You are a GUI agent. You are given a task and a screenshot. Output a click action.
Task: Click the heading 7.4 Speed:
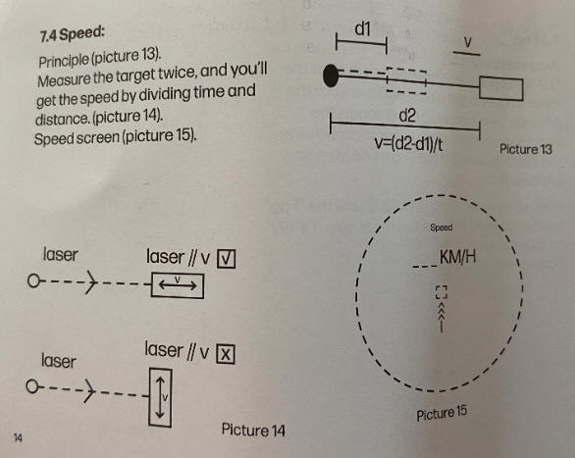(x=73, y=34)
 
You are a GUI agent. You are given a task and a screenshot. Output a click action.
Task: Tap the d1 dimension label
(x=363, y=28)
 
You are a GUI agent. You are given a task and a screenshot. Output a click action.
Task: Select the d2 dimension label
(x=407, y=116)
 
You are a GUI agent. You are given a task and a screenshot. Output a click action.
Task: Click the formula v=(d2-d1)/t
(x=408, y=144)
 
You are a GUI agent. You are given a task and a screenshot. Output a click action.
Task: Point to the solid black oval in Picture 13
(x=331, y=76)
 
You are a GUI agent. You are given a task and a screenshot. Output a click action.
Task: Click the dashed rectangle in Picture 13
(x=406, y=80)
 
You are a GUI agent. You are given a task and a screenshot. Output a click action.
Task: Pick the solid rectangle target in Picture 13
(x=501, y=88)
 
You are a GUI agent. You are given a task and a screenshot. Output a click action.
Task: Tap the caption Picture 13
(x=526, y=149)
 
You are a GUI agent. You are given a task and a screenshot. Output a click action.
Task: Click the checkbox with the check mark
(x=227, y=259)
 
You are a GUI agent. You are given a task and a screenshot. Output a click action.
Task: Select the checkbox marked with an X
(x=226, y=354)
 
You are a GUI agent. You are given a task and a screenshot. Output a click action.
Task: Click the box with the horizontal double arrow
(x=178, y=285)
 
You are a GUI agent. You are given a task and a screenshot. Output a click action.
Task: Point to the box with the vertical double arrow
(x=160, y=397)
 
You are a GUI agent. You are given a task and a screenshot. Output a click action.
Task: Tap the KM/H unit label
(x=457, y=257)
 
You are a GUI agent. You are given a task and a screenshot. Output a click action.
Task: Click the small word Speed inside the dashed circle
(x=442, y=228)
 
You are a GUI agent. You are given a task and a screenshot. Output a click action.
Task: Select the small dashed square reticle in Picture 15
(x=442, y=292)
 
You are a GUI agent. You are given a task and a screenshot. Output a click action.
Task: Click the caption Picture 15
(x=442, y=413)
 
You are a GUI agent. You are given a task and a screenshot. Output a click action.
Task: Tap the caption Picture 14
(x=253, y=430)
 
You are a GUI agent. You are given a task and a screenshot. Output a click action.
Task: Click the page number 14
(x=18, y=437)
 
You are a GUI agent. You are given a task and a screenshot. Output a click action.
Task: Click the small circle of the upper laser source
(x=33, y=281)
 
